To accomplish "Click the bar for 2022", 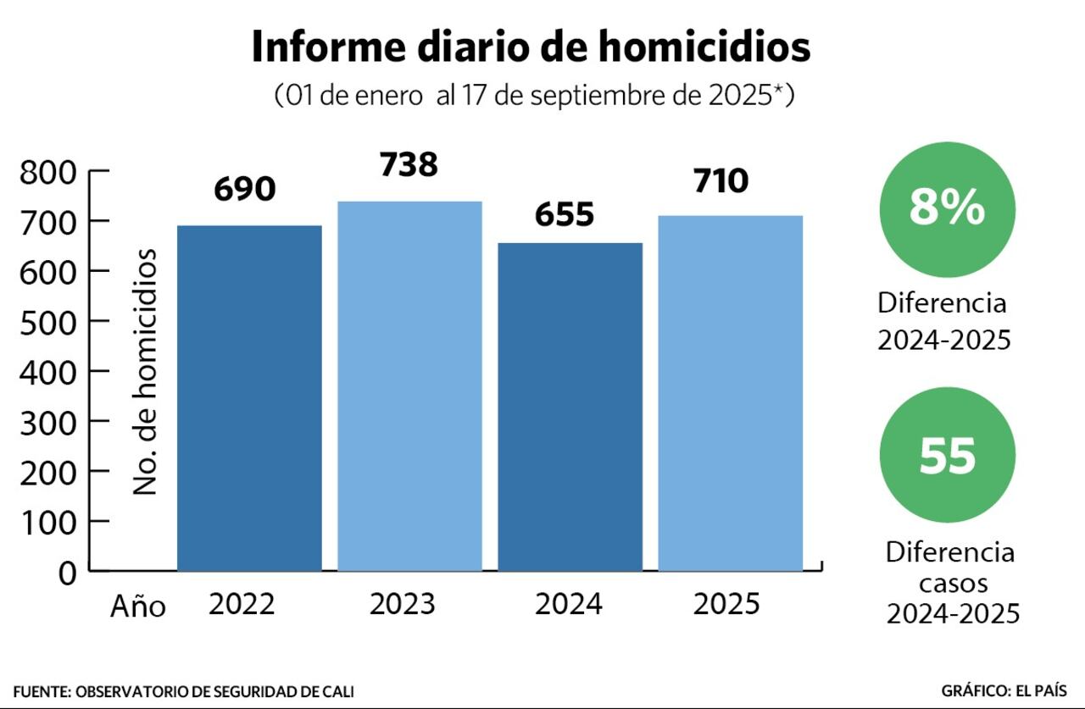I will [249, 398].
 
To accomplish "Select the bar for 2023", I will [409, 386].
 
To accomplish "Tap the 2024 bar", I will [570, 407].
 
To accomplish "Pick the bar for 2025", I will [731, 393].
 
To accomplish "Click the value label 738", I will [409, 164].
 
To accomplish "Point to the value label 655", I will [565, 215].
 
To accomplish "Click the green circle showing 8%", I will [947, 208].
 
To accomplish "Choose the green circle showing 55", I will [947, 456].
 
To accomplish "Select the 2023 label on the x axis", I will [403, 605].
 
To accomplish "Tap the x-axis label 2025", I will [726, 605].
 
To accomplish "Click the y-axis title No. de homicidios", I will [147, 372].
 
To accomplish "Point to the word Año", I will [138, 607].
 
